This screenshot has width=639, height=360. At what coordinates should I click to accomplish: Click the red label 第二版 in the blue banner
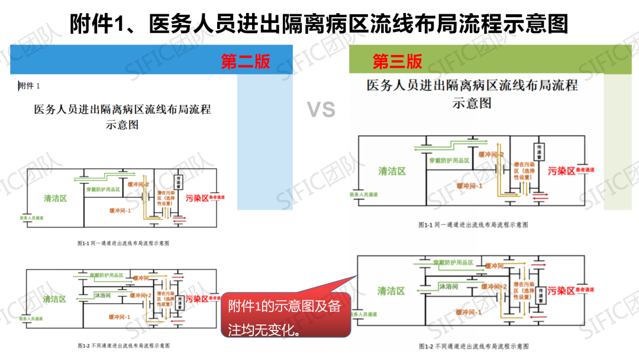tap(246, 61)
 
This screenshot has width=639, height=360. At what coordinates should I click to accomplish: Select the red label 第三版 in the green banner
tap(397, 61)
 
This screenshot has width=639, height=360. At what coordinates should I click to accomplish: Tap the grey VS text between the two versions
tap(321, 110)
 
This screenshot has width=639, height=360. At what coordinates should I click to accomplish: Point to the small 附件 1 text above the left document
tap(29, 86)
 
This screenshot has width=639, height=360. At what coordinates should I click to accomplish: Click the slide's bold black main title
tap(319, 24)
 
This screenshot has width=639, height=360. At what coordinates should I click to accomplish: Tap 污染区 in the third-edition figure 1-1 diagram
tap(561, 171)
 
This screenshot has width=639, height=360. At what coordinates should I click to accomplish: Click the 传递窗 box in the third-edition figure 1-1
tap(538, 150)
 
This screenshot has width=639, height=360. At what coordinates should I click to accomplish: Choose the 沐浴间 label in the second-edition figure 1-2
tap(102, 294)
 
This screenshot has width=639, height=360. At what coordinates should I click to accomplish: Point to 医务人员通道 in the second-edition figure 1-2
tap(32, 319)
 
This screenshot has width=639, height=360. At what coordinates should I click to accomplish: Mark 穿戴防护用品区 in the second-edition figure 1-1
tap(107, 190)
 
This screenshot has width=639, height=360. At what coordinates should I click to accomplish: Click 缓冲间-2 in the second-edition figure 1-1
tap(138, 184)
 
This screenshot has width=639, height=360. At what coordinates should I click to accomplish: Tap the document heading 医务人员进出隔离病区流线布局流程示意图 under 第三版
tap(472, 94)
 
